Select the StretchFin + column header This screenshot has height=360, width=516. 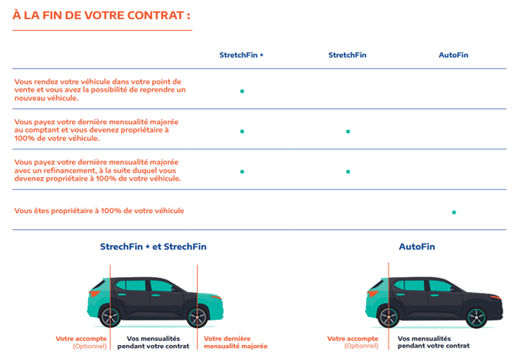click(242, 55)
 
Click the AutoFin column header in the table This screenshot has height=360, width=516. click(453, 55)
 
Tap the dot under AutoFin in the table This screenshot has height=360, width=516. click(454, 212)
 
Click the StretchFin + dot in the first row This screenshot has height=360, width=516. click(242, 91)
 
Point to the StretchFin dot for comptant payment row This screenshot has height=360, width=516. click(347, 132)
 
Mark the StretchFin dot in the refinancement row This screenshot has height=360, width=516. click(347, 172)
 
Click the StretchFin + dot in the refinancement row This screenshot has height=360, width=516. click(242, 172)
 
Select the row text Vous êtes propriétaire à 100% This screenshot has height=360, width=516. click(99, 211)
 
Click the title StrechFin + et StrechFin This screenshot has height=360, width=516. click(153, 247)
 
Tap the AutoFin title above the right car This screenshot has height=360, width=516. click(417, 247)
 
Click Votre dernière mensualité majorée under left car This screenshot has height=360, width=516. click(236, 342)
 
